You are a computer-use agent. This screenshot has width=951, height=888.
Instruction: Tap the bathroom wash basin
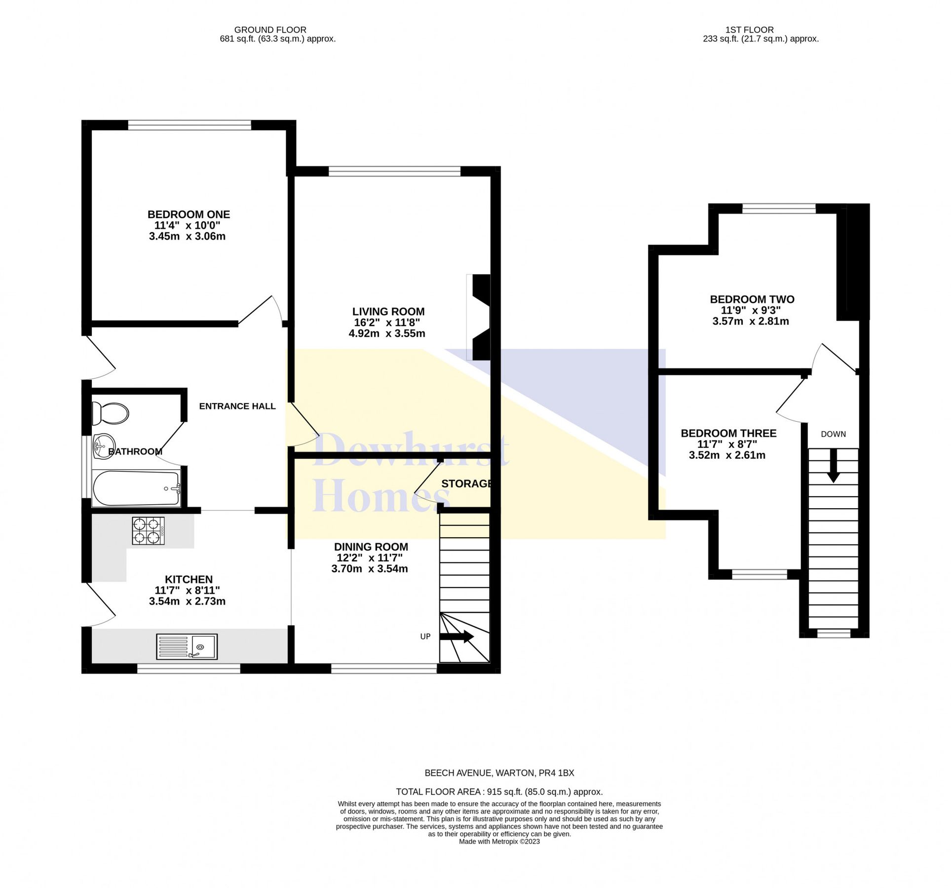click(104, 446)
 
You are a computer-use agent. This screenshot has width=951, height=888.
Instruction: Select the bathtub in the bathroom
click(136, 488)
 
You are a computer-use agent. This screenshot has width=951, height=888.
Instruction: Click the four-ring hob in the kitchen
click(148, 530)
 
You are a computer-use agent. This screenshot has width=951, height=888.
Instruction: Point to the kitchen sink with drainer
click(187, 646)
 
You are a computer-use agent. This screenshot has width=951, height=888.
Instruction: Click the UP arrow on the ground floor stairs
click(456, 637)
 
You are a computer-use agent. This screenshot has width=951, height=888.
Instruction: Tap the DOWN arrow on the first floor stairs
click(834, 465)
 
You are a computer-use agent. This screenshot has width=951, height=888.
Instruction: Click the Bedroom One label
click(189, 215)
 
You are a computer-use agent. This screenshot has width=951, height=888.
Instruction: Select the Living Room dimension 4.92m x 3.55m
click(387, 333)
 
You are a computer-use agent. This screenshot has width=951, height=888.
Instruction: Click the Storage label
click(466, 484)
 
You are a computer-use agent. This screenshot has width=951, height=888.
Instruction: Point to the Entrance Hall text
click(237, 407)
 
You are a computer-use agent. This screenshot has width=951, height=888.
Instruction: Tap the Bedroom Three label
click(728, 434)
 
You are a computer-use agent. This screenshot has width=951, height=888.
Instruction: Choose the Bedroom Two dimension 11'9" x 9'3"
click(751, 311)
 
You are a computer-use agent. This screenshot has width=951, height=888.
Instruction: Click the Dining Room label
click(371, 547)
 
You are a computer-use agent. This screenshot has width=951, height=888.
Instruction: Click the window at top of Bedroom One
click(190, 126)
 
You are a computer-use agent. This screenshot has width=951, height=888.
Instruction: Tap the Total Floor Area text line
click(499, 792)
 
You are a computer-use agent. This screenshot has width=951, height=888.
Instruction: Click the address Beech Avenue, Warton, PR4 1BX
click(499, 774)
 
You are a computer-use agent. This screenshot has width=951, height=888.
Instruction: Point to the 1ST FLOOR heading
click(749, 30)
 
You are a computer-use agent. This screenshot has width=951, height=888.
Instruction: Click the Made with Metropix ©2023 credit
click(499, 842)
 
